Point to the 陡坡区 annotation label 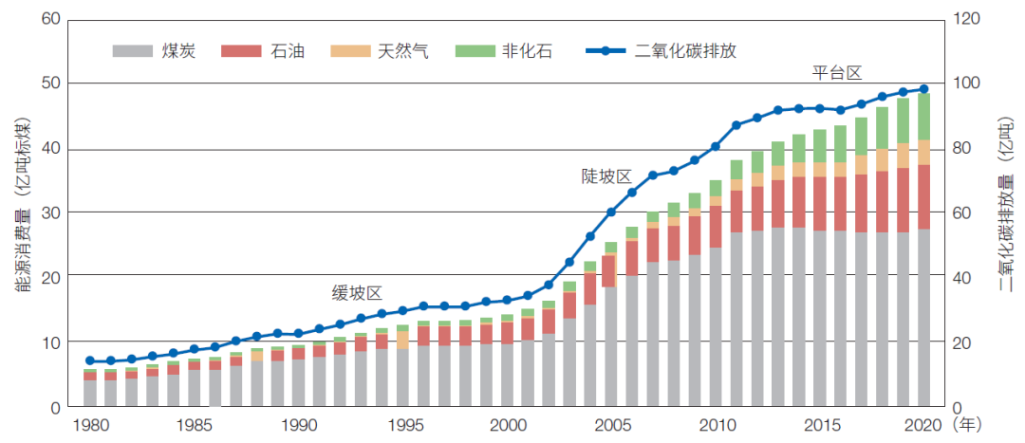click(606, 176)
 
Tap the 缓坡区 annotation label click(355, 292)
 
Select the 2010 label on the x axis click(717, 426)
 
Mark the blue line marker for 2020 click(923, 89)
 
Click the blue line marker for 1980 click(90, 360)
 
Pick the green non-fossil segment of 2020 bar click(923, 116)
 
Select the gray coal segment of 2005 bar click(611, 346)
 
